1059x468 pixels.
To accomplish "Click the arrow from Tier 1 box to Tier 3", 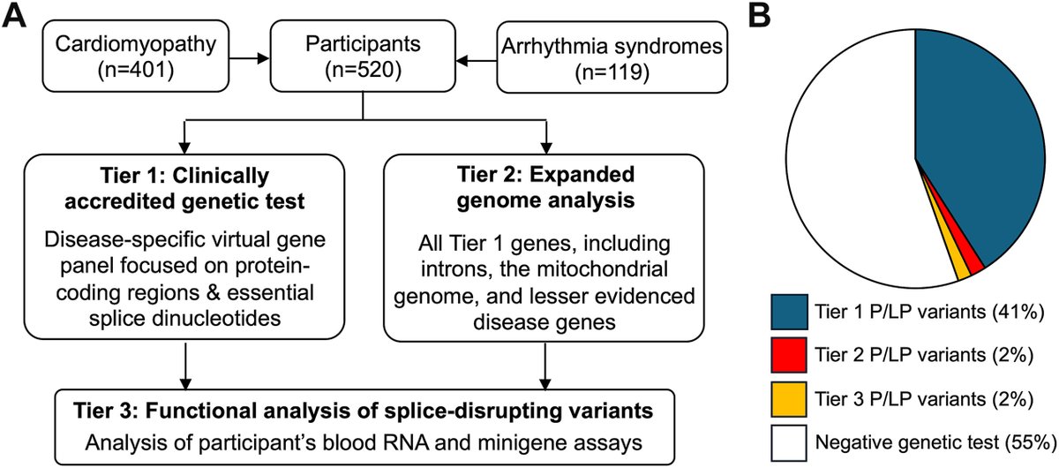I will [185, 365].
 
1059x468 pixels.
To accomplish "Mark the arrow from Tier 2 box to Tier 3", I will [547, 365].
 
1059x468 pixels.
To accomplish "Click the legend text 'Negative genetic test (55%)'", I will [943, 439].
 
